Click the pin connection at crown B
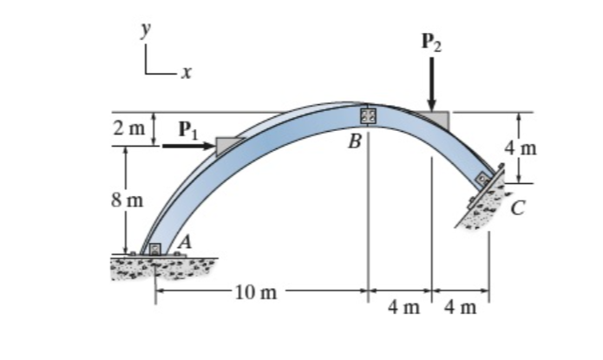(367, 115)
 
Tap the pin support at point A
(155, 250)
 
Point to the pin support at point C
(482, 180)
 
